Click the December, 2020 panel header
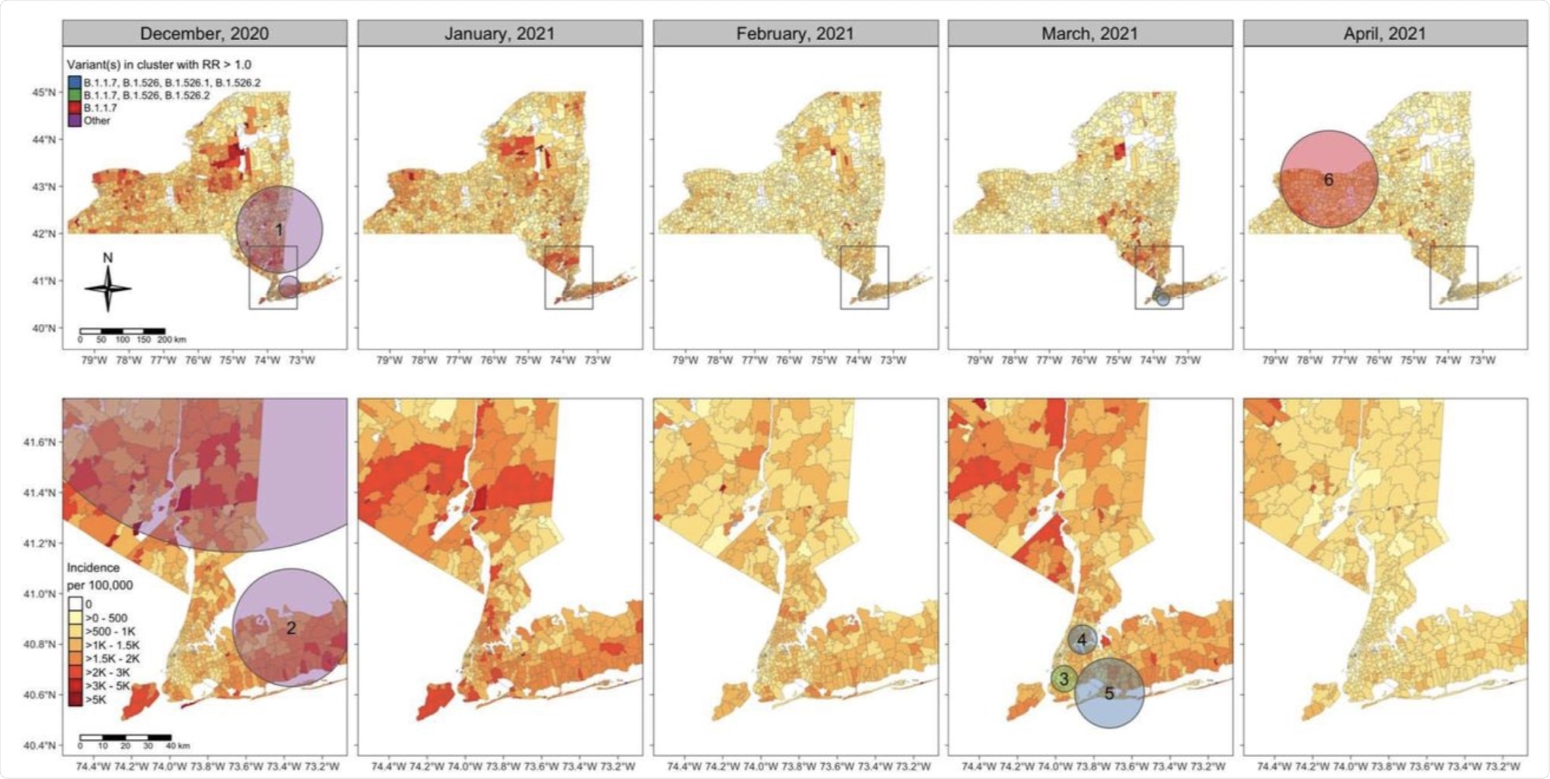pos(204,34)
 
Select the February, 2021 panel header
pos(795,34)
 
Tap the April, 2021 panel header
pos(1385,34)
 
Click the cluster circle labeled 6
pos(1328,179)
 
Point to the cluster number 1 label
pos(279,230)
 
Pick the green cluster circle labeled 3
pos(1064,679)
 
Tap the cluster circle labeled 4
pos(1082,640)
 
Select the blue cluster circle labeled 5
pos(1109,693)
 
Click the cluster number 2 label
pos(291,628)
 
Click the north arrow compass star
pos(108,289)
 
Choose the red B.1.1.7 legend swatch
pos(74,108)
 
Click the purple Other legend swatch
pos(74,120)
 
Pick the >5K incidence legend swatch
pos(75,699)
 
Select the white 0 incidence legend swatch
pos(75,604)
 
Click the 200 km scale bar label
pos(172,340)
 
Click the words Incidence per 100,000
pos(100,576)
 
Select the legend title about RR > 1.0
pos(159,65)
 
